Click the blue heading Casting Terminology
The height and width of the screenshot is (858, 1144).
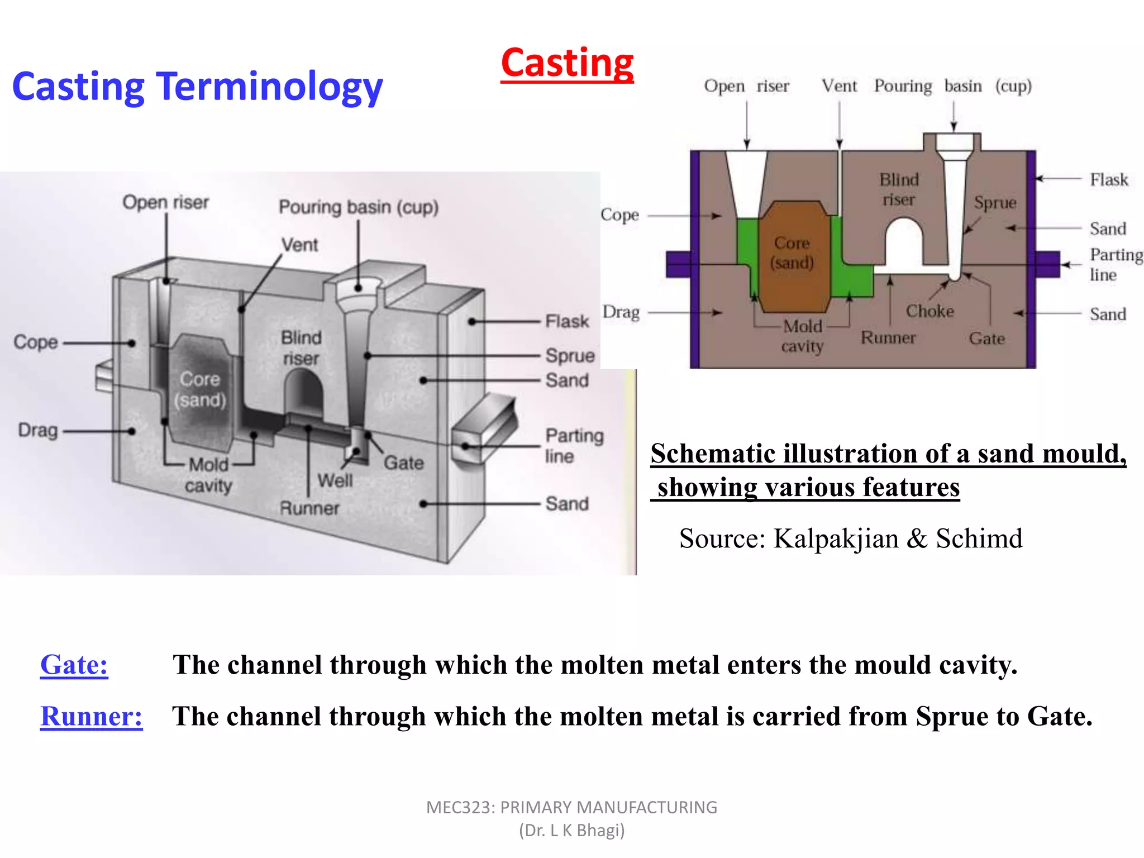(197, 87)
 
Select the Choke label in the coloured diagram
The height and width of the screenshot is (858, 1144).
(929, 311)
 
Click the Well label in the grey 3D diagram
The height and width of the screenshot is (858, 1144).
(335, 480)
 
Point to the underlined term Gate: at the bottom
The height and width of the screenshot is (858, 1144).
(74, 665)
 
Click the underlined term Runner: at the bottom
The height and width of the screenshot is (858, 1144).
(91, 716)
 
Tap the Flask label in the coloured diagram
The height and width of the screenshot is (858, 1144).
(1109, 179)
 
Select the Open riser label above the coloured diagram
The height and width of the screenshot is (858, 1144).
(746, 86)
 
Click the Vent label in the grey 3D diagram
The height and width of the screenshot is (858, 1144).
(299, 245)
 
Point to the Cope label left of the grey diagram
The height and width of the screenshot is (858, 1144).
(36, 342)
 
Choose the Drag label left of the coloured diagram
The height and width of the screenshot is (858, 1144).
(621, 312)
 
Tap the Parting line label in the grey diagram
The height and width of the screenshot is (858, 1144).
(574, 445)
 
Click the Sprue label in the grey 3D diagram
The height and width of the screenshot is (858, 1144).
(570, 355)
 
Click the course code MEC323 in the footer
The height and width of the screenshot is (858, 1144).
(459, 807)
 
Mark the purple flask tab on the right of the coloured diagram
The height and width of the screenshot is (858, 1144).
(1048, 264)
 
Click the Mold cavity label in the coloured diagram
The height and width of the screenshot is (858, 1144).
(802, 336)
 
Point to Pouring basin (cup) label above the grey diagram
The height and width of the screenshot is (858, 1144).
(359, 207)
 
